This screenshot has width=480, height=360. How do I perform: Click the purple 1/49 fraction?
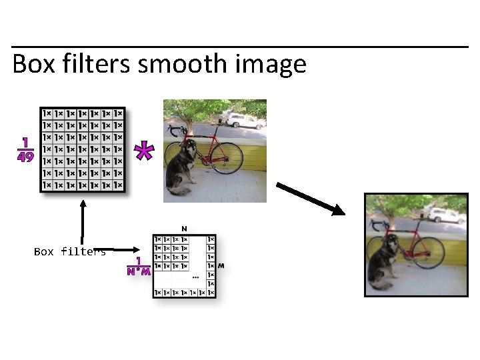pyautogui.click(x=25, y=150)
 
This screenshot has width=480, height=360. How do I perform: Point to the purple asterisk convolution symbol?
pyautogui.click(x=143, y=151)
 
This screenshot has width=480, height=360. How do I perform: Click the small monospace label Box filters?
pyautogui.click(x=69, y=251)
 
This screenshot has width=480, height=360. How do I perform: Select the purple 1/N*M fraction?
pyautogui.click(x=139, y=266)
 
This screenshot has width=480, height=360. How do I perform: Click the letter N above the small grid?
pyautogui.click(x=184, y=229)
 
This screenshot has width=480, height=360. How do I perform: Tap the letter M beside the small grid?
pyautogui.click(x=221, y=265)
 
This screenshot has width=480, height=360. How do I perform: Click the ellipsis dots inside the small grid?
pyautogui.click(x=195, y=276)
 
